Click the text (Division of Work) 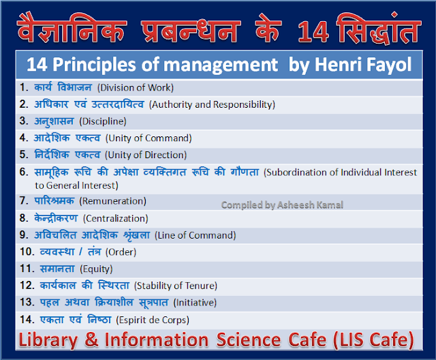tap(135, 87)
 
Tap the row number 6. tap(23, 172)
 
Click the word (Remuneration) tap(112, 201)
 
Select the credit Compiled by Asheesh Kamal tap(282, 204)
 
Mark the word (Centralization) tap(115, 218)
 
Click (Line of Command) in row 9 tap(196, 235)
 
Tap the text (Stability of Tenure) tap(176, 286)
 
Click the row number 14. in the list tap(26, 318)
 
